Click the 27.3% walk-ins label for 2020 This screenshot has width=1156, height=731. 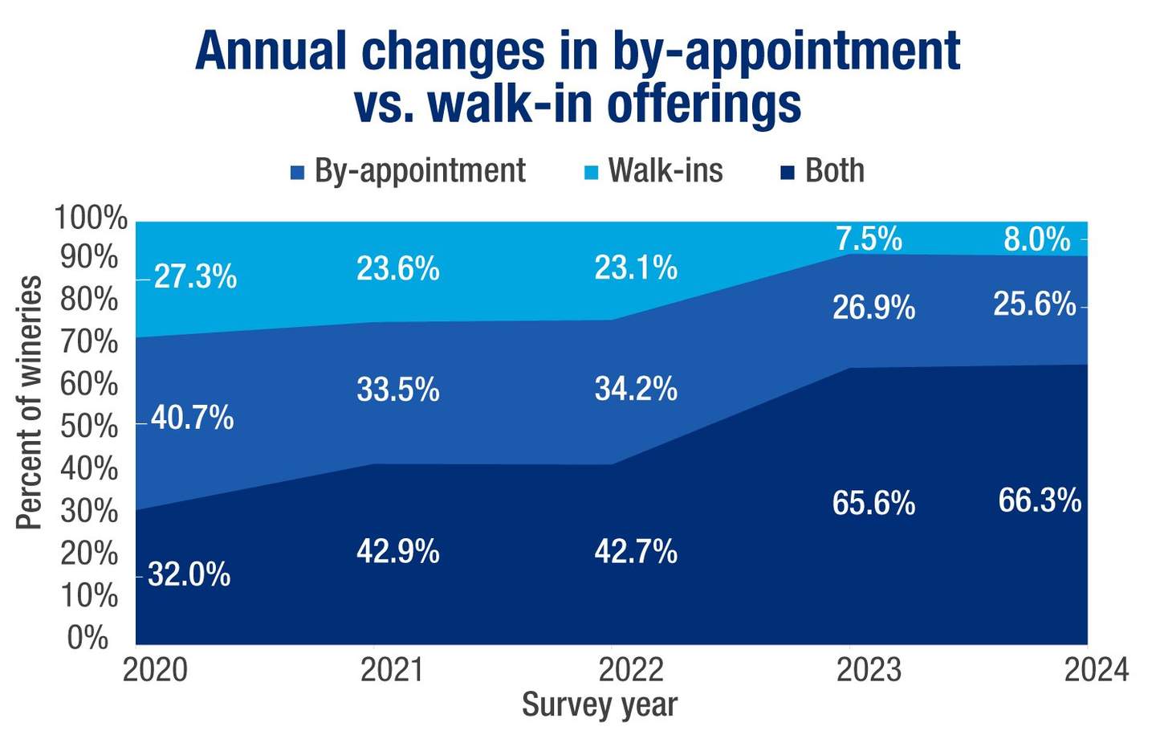pyautogui.click(x=195, y=277)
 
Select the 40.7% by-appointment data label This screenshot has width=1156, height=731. pyautogui.click(x=192, y=419)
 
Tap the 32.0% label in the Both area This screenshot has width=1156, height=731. pyautogui.click(x=189, y=575)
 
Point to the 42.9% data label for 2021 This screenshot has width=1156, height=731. pyautogui.click(x=397, y=552)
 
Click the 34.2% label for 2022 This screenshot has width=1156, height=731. pyautogui.click(x=636, y=390)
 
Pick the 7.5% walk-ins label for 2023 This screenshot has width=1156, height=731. pyautogui.click(x=869, y=239)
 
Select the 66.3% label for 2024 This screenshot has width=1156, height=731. pyautogui.click(x=1040, y=500)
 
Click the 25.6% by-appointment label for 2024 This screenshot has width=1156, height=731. pyautogui.click(x=1034, y=304)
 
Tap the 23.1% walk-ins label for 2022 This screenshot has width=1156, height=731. pyautogui.click(x=636, y=268)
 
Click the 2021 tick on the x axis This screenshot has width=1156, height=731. pyautogui.click(x=392, y=669)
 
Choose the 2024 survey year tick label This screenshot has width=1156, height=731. pyautogui.click(x=1096, y=669)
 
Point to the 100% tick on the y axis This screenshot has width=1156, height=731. pyautogui.click(x=91, y=218)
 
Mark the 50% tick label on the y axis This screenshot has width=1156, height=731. pyautogui.click(x=89, y=427)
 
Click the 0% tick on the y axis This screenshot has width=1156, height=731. pyautogui.click(x=88, y=638)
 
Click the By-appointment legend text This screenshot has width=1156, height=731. pyautogui.click(x=420, y=171)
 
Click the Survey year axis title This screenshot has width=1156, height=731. pyautogui.click(x=599, y=704)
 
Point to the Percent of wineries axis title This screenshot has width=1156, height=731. pyautogui.click(x=29, y=402)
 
